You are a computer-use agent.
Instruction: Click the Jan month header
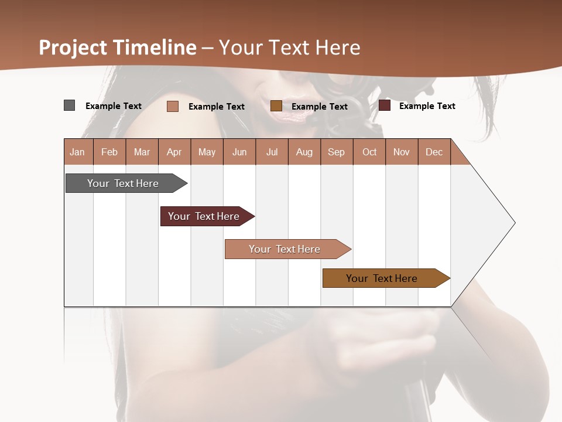tap(77, 152)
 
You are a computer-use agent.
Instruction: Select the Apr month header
tap(174, 152)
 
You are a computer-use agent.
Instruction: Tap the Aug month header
tap(304, 152)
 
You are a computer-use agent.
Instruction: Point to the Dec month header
tap(434, 152)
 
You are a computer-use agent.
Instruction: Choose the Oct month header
tap(369, 152)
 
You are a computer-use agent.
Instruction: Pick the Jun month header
tap(239, 152)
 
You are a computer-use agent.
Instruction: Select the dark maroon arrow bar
tap(205, 216)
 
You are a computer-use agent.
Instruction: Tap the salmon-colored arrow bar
tap(286, 249)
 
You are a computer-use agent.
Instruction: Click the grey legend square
tap(69, 105)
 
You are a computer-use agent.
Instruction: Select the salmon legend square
tap(172, 106)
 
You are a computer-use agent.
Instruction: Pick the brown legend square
tap(276, 105)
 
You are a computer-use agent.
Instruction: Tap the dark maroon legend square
tap(384, 105)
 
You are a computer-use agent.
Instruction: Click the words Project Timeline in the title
tap(117, 47)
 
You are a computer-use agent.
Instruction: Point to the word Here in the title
tap(337, 47)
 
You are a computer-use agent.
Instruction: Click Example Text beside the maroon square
tap(427, 105)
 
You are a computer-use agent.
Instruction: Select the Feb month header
tap(109, 152)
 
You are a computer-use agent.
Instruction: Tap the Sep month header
tap(336, 152)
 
